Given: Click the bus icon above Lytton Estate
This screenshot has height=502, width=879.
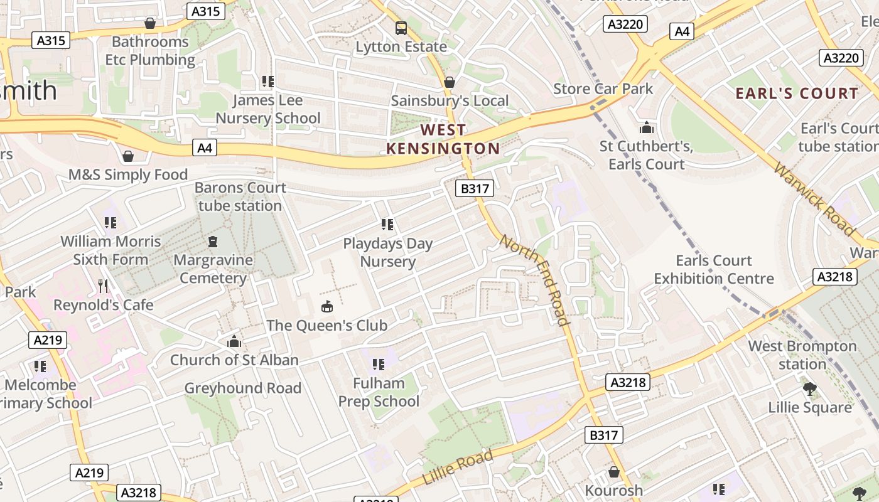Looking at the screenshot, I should click(401, 28).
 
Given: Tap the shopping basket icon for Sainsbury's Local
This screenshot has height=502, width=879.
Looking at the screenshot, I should click(450, 82).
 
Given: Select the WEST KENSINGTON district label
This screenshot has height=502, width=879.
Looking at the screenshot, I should click(443, 139).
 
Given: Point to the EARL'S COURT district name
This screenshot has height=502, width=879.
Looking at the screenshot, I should click(796, 93).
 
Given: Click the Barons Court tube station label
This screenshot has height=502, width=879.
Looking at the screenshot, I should click(240, 196).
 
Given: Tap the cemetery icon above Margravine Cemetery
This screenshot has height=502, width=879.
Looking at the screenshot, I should click(213, 242).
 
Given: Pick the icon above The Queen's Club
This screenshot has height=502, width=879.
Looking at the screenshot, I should click(326, 307).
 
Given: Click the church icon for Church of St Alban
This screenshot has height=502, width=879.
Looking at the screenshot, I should click(234, 341).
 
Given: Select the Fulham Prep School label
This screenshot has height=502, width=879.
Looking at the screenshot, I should click(379, 392).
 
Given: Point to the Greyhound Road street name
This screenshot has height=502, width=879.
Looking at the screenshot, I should click(242, 388).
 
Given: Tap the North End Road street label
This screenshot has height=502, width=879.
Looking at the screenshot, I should click(535, 280).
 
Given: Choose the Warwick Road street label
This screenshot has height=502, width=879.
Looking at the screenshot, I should click(814, 199).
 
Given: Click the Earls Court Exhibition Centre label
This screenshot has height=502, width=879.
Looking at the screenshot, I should click(714, 269).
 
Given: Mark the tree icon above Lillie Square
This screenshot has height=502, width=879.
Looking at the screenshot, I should click(810, 389).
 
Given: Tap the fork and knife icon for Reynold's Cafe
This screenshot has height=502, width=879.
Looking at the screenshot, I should click(103, 286).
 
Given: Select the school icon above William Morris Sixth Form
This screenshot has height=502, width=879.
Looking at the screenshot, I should click(111, 223).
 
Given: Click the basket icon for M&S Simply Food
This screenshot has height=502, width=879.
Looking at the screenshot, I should click(128, 156).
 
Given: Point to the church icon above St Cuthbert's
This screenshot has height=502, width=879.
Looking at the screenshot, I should click(646, 128).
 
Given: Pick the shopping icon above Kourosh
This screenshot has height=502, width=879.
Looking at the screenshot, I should click(614, 472).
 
